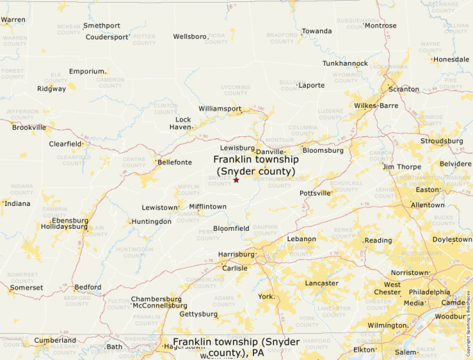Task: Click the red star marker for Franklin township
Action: pyautogui.click(x=236, y=180)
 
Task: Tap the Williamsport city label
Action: pyautogui.click(x=220, y=109)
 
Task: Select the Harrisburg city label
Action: pyautogui.click(x=236, y=254)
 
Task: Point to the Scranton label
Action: pyautogui.click(x=404, y=89)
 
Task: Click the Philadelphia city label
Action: pyautogui.click(x=429, y=292)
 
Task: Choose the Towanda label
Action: pyautogui.click(x=317, y=31)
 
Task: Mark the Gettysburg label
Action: pyautogui.click(x=198, y=314)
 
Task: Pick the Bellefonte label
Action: pyautogui.click(x=175, y=162)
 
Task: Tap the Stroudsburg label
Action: pyautogui.click(x=442, y=141)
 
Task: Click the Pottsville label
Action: pyautogui.click(x=315, y=193)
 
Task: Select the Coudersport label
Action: pyautogui.click(x=107, y=37)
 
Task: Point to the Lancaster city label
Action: pyautogui.click(x=322, y=283)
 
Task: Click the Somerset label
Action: pyautogui.click(x=26, y=287)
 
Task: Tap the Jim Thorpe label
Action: pyautogui.click(x=402, y=167)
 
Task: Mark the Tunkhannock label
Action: pyautogui.click(x=345, y=64)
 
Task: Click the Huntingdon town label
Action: pyautogui.click(x=151, y=222)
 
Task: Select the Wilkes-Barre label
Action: pyautogui.click(x=376, y=106)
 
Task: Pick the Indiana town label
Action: pyautogui.click(x=17, y=204)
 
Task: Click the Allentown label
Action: pyautogui.click(x=427, y=205)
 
